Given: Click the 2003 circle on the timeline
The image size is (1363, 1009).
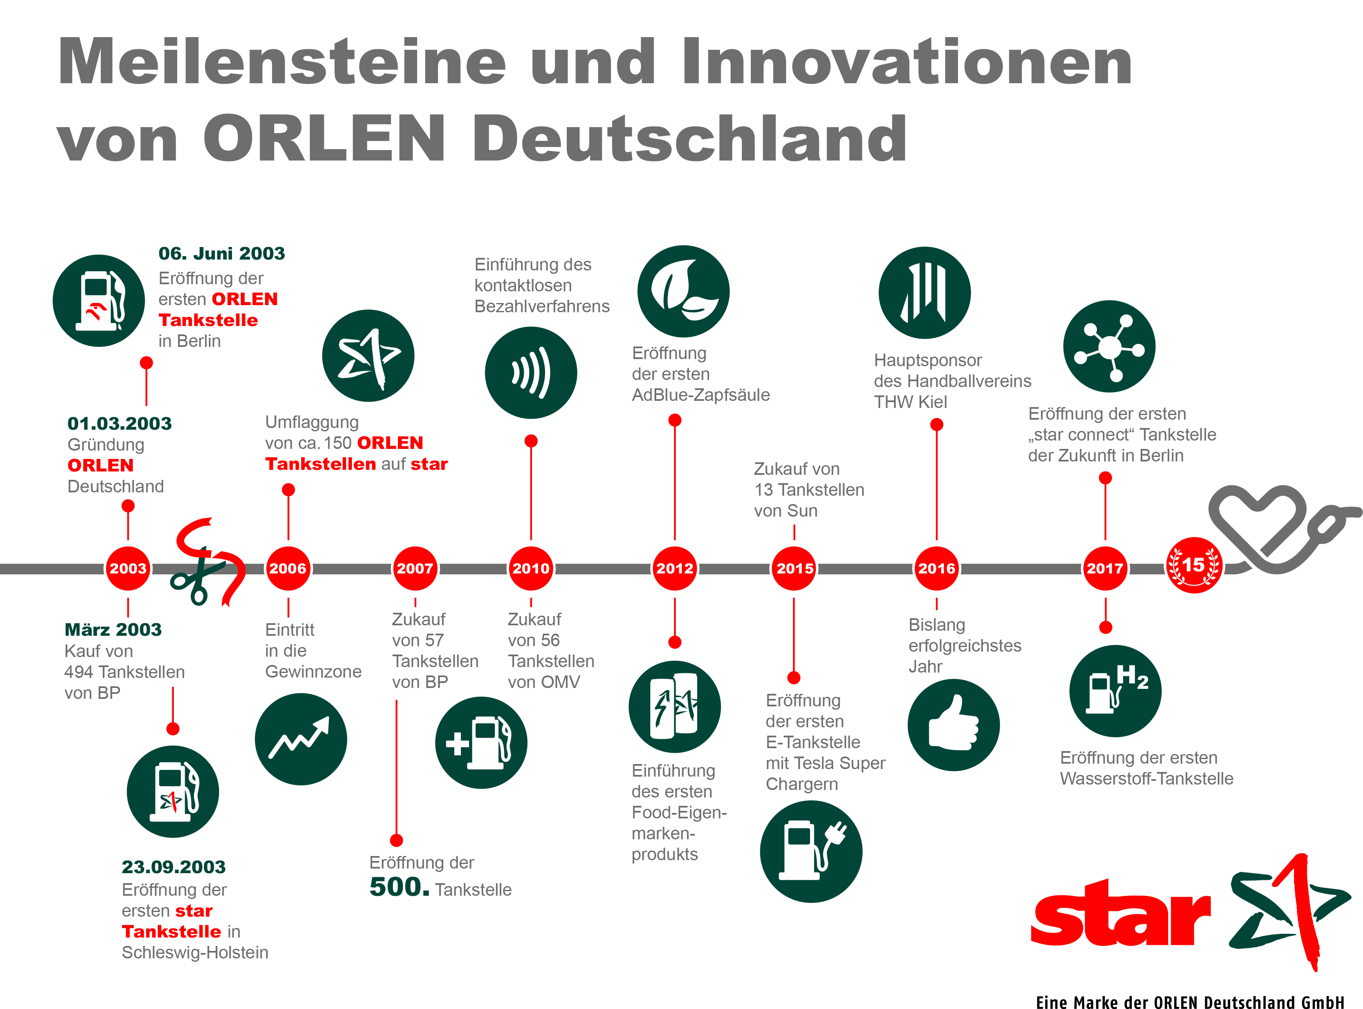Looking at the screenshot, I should pyautogui.click(x=127, y=568).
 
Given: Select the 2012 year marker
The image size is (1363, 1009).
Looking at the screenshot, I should pyautogui.click(x=674, y=568).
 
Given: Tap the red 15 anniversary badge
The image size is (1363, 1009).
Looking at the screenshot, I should pyautogui.click(x=1194, y=566).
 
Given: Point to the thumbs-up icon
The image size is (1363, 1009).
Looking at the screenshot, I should pyautogui.click(x=953, y=725).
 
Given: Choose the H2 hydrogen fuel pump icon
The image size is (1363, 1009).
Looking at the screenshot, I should pyautogui.click(x=1115, y=691).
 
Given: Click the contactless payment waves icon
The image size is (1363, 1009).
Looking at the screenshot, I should pyautogui.click(x=531, y=372).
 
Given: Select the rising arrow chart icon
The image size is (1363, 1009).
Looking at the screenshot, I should pyautogui.click(x=301, y=739).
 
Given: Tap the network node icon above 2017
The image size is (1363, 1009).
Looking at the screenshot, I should pyautogui.click(x=1109, y=347).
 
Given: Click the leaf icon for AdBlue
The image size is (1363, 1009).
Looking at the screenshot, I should pyautogui.click(x=683, y=291).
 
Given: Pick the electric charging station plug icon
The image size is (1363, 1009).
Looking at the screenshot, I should pyautogui.click(x=811, y=851).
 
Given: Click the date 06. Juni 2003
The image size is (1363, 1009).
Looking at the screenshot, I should pyautogui.click(x=222, y=253).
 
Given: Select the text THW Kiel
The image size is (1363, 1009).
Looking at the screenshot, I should pyautogui.click(x=910, y=402).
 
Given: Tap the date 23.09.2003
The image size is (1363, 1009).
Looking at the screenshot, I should pyautogui.click(x=173, y=867).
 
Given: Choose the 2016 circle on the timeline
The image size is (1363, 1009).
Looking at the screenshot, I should pyautogui.click(x=936, y=568).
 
